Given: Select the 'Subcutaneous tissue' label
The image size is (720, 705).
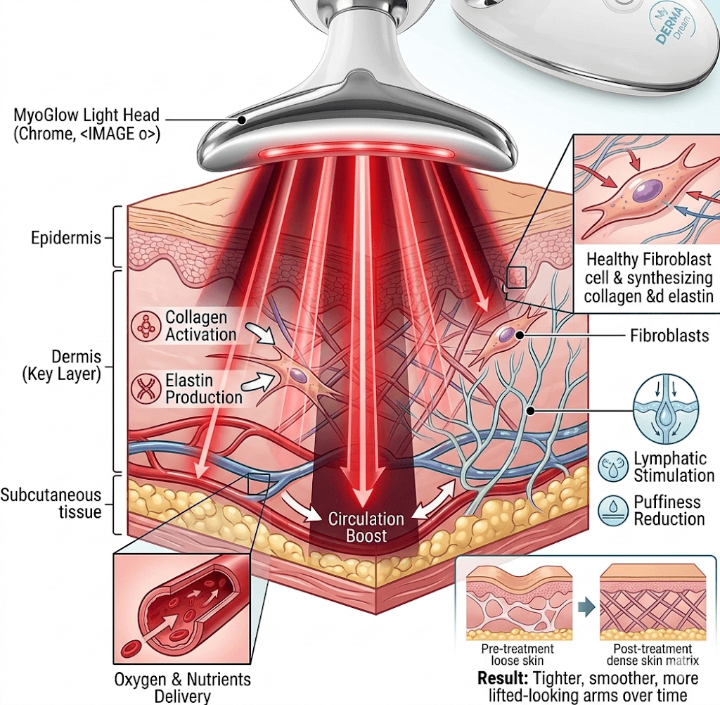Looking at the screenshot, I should [51, 503].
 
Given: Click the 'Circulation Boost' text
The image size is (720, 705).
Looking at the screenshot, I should [366, 528].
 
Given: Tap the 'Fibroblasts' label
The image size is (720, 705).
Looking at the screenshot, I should [669, 336].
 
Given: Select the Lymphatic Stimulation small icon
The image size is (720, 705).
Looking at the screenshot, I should [611, 466].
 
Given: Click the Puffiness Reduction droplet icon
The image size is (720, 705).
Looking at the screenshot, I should [611, 511].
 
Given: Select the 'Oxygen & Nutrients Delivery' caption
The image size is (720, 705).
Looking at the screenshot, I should [181, 688].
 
